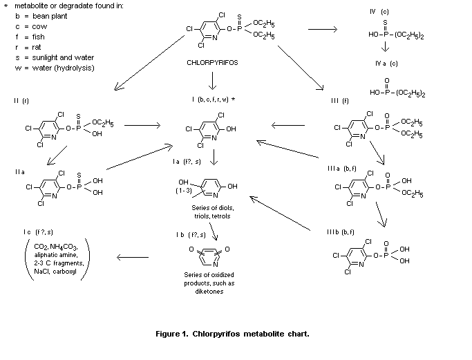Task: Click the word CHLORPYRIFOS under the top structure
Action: click(x=211, y=61)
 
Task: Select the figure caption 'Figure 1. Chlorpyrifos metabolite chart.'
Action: click(x=232, y=334)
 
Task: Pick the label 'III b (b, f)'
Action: click(x=342, y=230)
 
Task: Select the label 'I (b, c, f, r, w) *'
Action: click(x=214, y=100)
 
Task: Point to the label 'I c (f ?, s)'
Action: click(x=36, y=231)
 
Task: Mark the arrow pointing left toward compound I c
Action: click(x=133, y=258)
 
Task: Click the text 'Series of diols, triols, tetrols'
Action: click(x=211, y=211)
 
